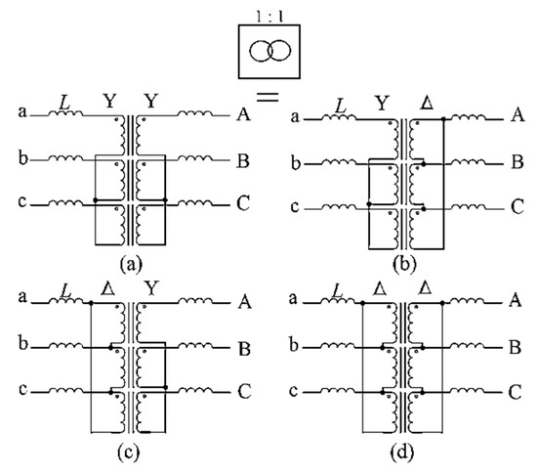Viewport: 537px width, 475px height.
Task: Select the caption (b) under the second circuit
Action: [x=400, y=262]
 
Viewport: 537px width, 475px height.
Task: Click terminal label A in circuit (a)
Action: [x=240, y=115]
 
